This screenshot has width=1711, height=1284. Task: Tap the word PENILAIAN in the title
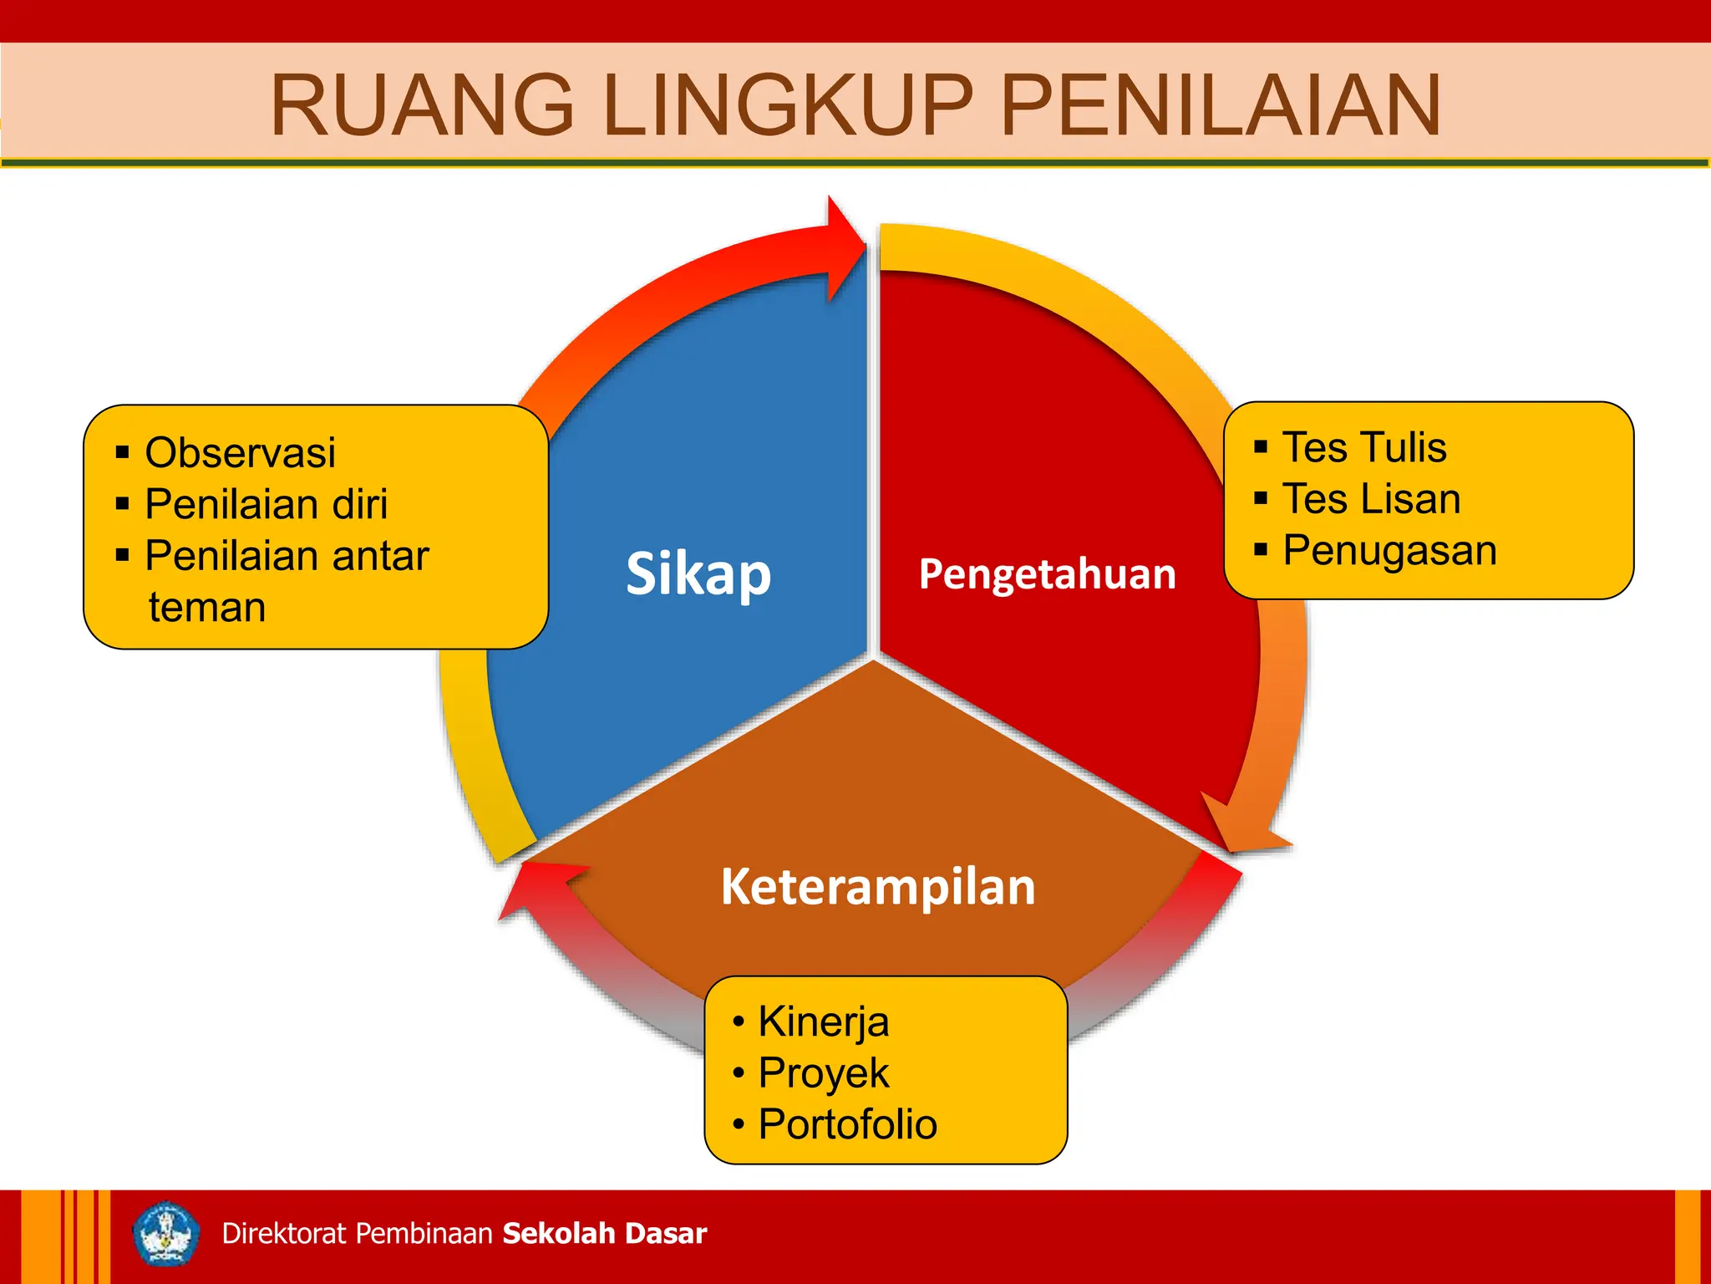(x=1220, y=105)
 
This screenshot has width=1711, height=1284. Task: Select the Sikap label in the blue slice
(x=698, y=574)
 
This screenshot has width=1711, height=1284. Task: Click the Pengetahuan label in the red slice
(x=1047, y=574)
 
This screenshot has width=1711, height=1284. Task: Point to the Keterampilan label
(x=878, y=887)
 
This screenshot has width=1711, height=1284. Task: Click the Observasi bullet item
(x=240, y=453)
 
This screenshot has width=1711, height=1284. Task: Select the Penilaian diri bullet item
(x=266, y=504)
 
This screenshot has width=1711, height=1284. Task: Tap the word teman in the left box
(x=207, y=607)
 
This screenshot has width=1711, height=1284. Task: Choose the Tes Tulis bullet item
(x=1363, y=447)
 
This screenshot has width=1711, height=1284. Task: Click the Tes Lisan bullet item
(x=1371, y=499)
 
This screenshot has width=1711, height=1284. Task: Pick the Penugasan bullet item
(x=1389, y=551)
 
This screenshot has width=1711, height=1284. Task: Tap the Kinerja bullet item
(x=823, y=1022)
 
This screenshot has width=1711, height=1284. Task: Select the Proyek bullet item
(x=823, y=1073)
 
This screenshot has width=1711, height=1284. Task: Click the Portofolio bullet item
(x=847, y=1124)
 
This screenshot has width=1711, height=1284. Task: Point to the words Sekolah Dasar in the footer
(x=605, y=1234)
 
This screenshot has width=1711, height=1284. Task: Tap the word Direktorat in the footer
(x=284, y=1234)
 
